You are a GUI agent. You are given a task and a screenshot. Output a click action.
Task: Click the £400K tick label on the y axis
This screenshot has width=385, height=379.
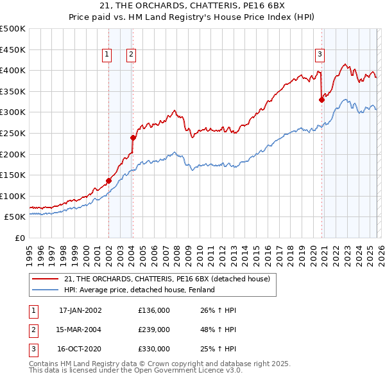[x=13, y=70]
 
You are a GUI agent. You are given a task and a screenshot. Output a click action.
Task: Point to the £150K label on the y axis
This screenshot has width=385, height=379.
[x=13, y=175]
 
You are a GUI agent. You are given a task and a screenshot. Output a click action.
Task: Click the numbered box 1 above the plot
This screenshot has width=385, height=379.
[x=106, y=55]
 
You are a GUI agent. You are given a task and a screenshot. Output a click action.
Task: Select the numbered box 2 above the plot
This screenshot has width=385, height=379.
[x=130, y=55]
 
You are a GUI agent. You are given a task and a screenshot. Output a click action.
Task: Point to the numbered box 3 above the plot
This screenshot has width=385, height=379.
[x=320, y=55]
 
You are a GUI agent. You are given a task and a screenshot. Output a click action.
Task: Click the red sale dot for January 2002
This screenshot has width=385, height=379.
[x=108, y=181]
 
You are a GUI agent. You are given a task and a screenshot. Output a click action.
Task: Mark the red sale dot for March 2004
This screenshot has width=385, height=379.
[x=133, y=137]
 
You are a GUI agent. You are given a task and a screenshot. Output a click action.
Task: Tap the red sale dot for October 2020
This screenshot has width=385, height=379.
[x=321, y=100]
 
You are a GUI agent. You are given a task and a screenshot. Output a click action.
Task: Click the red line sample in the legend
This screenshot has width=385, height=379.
[x=45, y=279]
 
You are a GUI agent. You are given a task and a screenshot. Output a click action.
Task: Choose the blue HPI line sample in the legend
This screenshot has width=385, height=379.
[x=45, y=290]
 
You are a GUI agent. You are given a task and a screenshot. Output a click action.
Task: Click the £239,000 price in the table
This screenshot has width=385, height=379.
[x=154, y=330]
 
